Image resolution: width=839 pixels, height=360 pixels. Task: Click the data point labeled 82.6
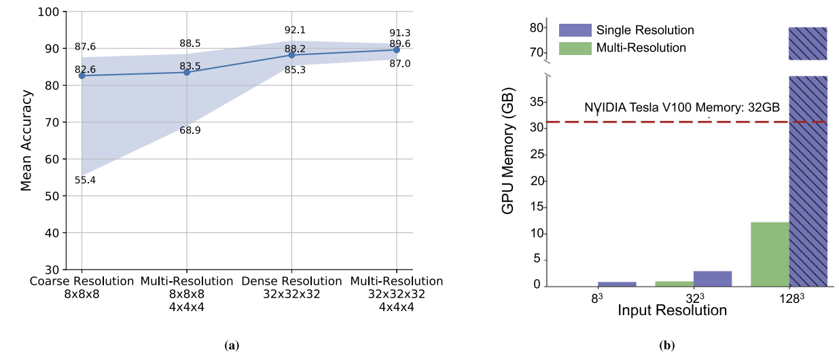[x=82, y=75]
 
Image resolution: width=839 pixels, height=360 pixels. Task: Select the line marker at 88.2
[x=291, y=55]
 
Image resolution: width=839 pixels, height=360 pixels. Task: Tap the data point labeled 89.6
[x=397, y=50]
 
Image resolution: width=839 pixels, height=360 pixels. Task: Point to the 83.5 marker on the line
[x=186, y=72]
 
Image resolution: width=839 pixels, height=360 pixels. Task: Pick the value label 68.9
[x=190, y=130]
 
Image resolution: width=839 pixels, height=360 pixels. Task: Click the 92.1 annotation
[x=296, y=30]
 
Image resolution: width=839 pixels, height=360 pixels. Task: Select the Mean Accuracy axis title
[x=26, y=139]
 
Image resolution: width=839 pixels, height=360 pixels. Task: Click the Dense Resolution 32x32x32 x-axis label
[x=291, y=287]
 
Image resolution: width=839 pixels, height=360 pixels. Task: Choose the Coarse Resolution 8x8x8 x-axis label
[x=82, y=287]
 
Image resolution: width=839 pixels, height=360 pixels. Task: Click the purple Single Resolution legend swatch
[x=574, y=31]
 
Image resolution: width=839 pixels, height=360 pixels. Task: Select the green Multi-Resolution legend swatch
[x=574, y=48]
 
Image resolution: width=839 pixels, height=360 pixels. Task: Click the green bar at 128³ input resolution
[x=770, y=254]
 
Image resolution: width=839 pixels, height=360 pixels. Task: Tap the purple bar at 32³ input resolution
[x=713, y=278]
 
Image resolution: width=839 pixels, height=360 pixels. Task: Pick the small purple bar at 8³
[x=617, y=283]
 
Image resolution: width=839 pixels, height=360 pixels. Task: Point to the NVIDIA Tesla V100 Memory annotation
[x=681, y=107]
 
